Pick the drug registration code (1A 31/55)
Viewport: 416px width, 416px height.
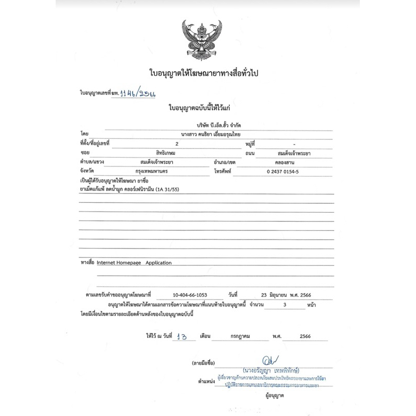tap(191, 189)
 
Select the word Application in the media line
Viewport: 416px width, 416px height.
tap(159, 263)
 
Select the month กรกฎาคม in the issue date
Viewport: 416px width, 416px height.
tap(240, 336)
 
